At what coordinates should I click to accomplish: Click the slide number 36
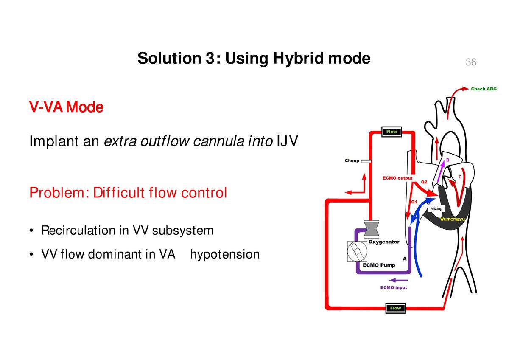471,62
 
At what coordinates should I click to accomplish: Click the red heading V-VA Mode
66,107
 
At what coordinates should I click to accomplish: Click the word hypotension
225,255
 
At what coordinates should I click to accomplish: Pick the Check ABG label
484,89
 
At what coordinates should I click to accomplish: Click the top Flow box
391,132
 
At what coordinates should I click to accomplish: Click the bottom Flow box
395,308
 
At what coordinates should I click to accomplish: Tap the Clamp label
352,161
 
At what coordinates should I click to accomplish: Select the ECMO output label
397,178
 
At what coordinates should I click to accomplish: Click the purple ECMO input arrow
398,280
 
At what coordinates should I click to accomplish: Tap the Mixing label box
436,208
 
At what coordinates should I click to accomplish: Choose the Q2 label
424,182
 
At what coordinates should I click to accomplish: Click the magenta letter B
447,160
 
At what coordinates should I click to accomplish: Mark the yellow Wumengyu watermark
453,219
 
